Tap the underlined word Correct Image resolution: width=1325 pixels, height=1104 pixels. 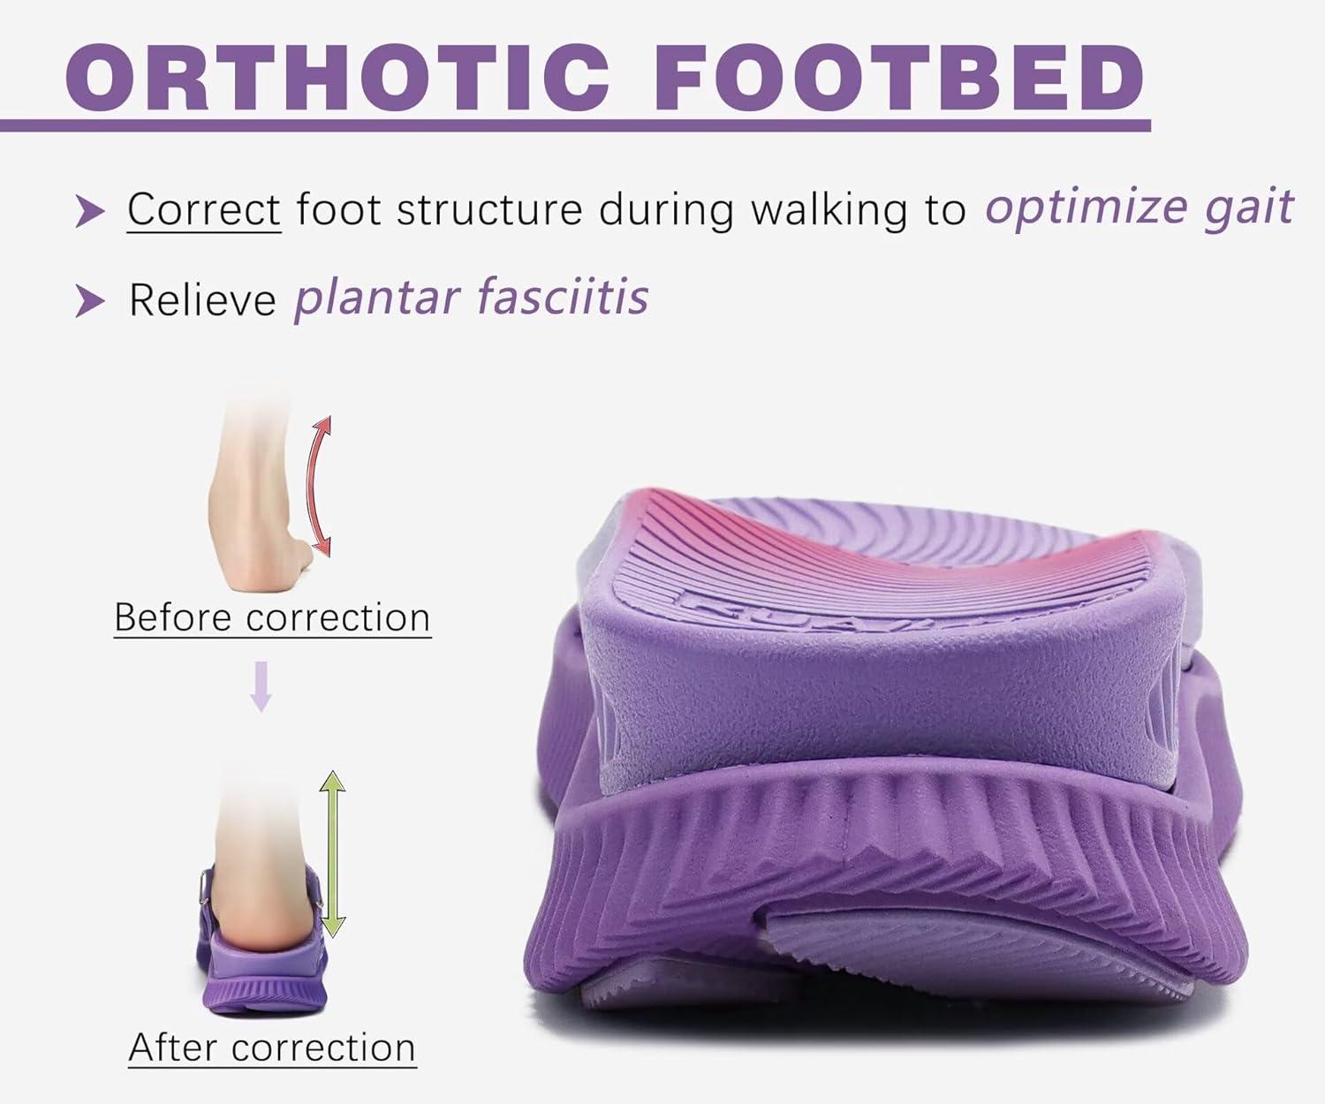click(204, 208)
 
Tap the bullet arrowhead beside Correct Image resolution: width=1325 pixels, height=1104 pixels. click(89, 212)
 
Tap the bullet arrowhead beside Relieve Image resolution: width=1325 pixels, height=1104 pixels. click(89, 301)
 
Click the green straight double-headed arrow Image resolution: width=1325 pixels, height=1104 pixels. click(332, 853)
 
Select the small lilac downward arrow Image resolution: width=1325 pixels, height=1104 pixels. click(261, 686)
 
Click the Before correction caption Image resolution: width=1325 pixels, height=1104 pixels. click(272, 617)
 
